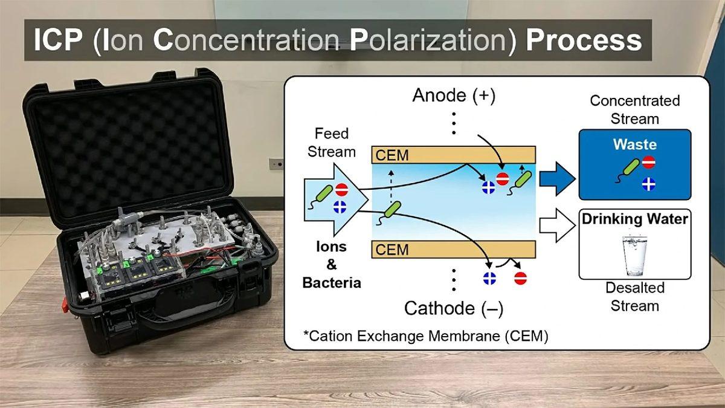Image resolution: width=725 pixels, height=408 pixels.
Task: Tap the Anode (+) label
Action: (x=454, y=96)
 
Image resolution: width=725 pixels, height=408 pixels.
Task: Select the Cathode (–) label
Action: (x=454, y=308)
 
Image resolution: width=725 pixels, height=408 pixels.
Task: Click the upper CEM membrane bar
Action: (x=454, y=155)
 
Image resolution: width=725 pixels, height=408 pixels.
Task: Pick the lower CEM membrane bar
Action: (x=454, y=249)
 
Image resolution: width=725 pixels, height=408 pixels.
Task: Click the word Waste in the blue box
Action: (x=635, y=144)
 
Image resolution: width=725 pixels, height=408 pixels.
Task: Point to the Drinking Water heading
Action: (x=635, y=219)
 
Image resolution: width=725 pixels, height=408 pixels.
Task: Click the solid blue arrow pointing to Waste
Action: (x=557, y=179)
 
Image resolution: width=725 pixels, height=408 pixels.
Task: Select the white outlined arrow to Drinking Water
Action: (x=557, y=225)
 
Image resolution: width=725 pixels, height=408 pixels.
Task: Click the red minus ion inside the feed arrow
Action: (x=341, y=190)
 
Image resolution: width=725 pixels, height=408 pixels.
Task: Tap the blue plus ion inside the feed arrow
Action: (x=340, y=207)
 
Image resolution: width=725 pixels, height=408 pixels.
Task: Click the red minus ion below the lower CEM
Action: (x=520, y=279)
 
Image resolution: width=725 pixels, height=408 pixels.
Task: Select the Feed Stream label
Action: (x=332, y=143)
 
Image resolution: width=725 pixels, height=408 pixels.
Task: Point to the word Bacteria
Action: (x=332, y=283)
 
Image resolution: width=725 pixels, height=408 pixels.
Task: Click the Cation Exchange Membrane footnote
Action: (x=426, y=336)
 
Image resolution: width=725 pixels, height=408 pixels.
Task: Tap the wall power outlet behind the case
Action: (x=275, y=164)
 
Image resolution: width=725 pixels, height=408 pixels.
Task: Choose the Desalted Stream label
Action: (x=635, y=297)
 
